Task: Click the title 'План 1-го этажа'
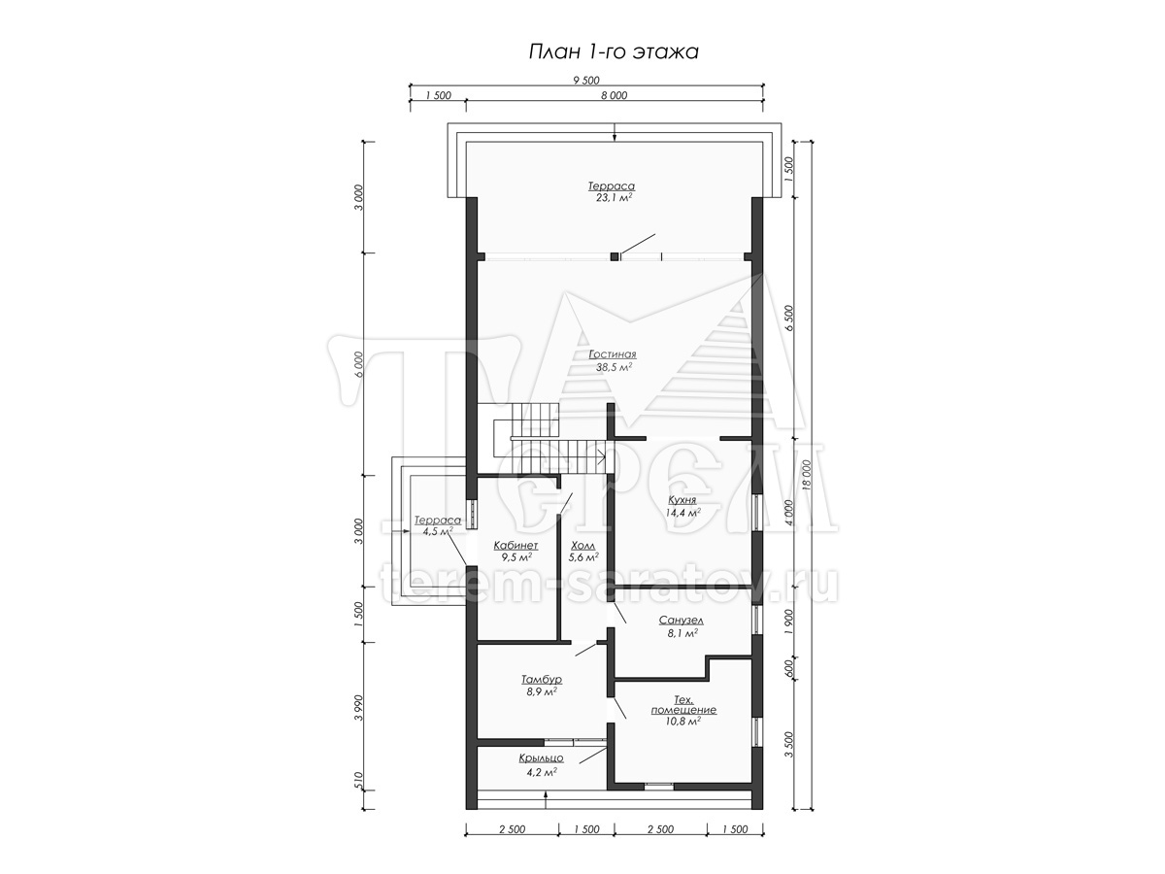(613, 52)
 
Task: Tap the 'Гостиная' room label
(613, 354)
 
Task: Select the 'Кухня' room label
(682, 500)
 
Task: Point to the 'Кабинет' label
(516, 546)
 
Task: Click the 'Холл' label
(583, 546)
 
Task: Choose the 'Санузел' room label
(682, 620)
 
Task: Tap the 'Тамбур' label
(542, 679)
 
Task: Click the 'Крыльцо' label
(542, 758)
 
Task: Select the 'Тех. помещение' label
(683, 704)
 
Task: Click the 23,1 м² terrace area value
(614, 198)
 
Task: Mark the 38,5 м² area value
(614, 367)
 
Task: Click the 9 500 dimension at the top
(586, 81)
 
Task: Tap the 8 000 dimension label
(615, 95)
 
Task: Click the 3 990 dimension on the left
(359, 707)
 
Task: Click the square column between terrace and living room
(615, 256)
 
